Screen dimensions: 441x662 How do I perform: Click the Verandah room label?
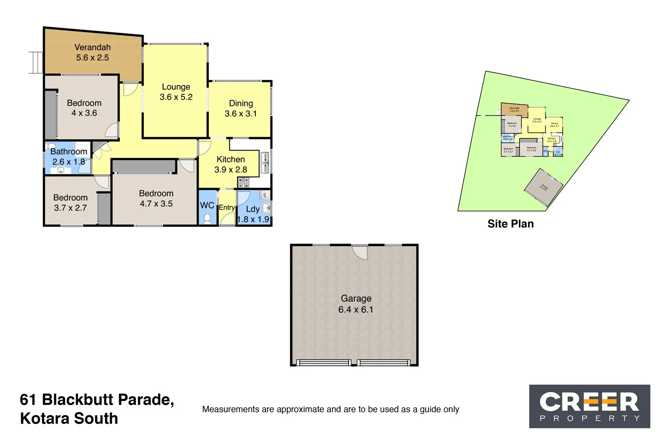click(92, 47)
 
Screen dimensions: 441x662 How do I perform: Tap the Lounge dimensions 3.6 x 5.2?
click(176, 97)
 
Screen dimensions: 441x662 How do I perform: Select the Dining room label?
click(241, 103)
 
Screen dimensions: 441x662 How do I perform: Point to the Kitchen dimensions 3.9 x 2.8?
click(230, 170)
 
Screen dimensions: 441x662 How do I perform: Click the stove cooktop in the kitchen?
click(243, 182)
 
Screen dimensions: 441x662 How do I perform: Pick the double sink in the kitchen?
click(264, 163)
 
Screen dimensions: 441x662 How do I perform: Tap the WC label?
click(207, 205)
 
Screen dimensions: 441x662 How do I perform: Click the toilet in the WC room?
click(207, 218)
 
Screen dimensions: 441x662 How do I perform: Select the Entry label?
click(227, 207)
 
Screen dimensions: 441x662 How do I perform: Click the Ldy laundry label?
click(252, 209)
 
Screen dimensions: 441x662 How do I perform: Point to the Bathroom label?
click(69, 151)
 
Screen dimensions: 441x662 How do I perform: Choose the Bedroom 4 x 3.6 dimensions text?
click(84, 113)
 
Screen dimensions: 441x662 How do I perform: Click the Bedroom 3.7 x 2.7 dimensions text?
click(70, 208)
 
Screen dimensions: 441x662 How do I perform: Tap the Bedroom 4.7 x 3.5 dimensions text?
click(156, 204)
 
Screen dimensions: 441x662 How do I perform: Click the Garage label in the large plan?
click(356, 298)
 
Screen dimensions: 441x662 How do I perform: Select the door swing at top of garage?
click(360, 252)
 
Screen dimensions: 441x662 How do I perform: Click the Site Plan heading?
click(510, 224)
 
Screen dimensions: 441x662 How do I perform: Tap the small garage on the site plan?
click(543, 187)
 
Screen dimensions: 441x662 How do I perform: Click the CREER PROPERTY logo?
click(589, 406)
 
